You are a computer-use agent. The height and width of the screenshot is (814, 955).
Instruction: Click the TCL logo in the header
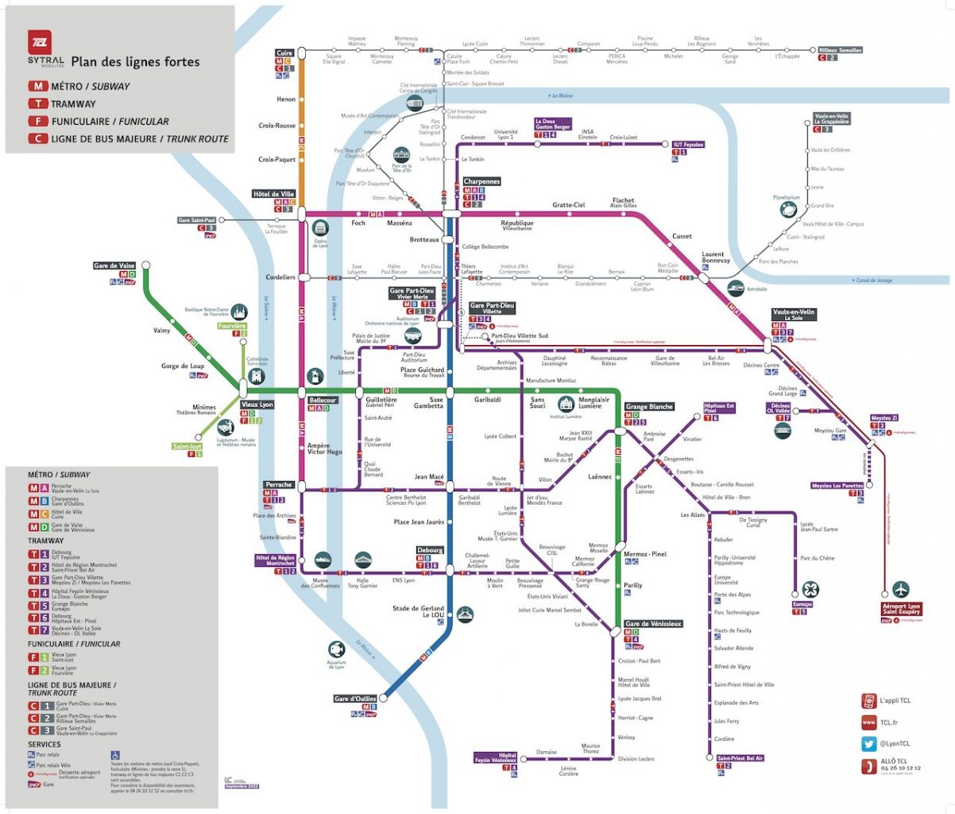[40, 43]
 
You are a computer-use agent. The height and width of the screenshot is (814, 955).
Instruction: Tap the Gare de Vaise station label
[114, 266]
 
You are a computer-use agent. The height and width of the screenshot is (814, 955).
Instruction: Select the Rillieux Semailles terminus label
[840, 50]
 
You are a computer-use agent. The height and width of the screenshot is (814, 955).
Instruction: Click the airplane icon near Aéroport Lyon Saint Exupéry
[900, 589]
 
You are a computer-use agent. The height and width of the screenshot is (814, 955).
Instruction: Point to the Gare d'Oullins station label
[355, 699]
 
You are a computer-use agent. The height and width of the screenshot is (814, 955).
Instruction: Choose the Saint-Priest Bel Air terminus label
[740, 758]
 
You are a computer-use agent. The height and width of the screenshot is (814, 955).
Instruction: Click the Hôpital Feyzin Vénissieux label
[497, 758]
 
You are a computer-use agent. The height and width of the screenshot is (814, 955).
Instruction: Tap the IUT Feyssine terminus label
[688, 145]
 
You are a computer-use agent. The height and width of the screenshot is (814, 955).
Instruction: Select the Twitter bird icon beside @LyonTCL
[868, 744]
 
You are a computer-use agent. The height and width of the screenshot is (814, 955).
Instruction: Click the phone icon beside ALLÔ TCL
[868, 766]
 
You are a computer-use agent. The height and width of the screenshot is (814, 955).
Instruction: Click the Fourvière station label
[232, 326]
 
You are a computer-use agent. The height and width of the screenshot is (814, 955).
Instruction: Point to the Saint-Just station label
[188, 447]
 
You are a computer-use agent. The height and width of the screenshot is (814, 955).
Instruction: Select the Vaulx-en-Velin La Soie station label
[794, 315]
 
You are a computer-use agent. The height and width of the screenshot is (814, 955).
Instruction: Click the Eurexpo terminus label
[802, 604]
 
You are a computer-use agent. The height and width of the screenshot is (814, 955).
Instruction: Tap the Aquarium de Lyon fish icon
[336, 649]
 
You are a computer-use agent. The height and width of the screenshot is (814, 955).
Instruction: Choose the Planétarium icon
[786, 209]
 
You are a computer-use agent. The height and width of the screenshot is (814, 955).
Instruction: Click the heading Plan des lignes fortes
[135, 62]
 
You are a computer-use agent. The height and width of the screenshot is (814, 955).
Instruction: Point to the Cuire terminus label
[284, 53]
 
